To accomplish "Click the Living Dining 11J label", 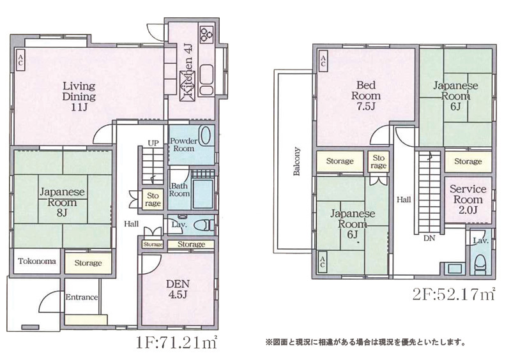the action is pos(79,96).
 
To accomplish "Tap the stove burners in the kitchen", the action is pos(206,34).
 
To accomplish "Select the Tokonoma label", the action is pos(37,261).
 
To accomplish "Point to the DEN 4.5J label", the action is pos(178,289).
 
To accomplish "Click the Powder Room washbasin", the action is pos(204,136).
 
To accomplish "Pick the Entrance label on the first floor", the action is pos(82,297).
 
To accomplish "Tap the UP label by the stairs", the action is pos(153,143).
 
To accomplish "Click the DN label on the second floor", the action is pos(429,238).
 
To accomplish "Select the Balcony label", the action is pos(296,161).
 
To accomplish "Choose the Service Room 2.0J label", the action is pos(468,199).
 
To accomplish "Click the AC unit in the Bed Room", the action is pos(323,61).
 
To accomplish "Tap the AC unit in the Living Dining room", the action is pos(20,60).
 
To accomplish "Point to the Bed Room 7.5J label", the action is pos(366,96).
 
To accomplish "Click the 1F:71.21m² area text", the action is pos(177,343).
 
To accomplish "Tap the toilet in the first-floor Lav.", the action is pos(203,225).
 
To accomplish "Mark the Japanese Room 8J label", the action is pos(62,202).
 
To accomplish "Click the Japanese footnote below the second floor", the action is pos(365,342).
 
